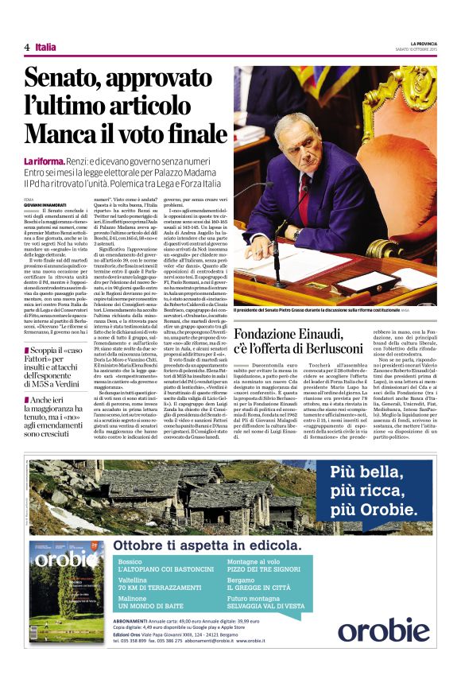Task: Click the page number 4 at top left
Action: click(x=26, y=48)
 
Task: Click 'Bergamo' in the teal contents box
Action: click(x=243, y=580)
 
